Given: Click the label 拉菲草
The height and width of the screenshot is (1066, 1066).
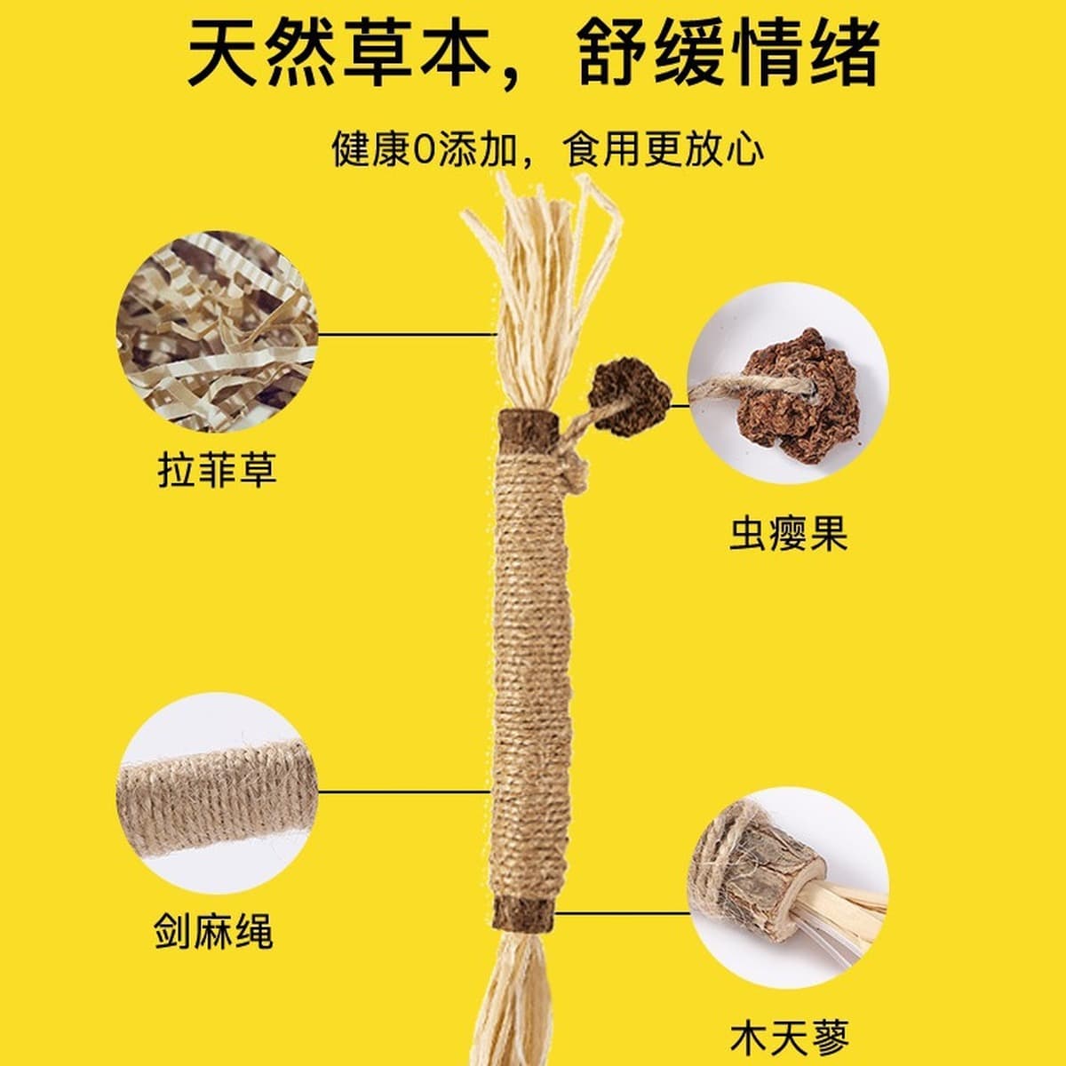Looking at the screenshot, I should [x=217, y=468].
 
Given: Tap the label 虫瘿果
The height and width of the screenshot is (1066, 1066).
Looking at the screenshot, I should [x=789, y=534].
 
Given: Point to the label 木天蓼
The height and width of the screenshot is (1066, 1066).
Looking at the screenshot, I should [x=789, y=1034].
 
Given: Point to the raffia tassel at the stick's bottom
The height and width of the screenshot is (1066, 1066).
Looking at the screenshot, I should [x=524, y=1004].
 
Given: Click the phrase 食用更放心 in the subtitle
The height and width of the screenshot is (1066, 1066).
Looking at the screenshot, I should [x=663, y=149].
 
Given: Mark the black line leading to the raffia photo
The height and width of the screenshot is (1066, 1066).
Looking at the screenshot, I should [x=405, y=334].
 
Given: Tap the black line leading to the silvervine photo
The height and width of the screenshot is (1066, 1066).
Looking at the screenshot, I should [x=622, y=912].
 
